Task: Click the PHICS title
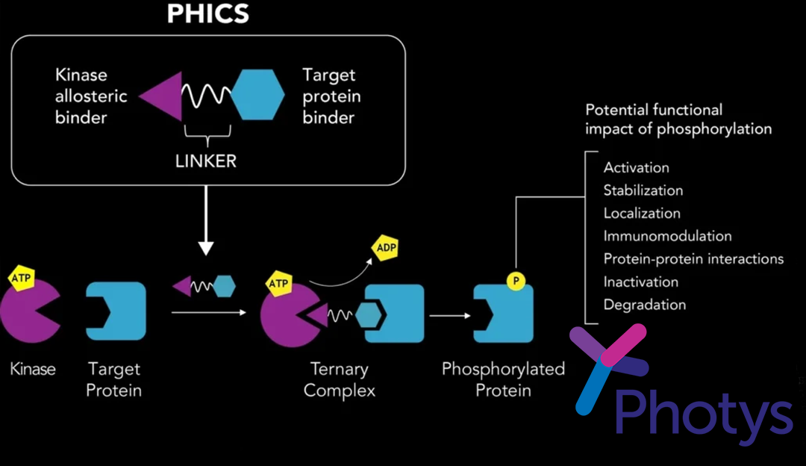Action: [207, 13]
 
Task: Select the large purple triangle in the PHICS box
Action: [164, 95]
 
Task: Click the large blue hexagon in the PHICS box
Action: [259, 95]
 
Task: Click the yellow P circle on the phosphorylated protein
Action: [516, 281]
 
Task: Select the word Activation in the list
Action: [636, 167]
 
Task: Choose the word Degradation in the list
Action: [644, 305]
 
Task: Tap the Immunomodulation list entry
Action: [667, 236]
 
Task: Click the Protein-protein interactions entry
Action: [693, 259]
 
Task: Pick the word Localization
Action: [642, 213]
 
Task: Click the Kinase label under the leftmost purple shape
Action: [33, 369]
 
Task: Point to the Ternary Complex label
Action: [340, 379]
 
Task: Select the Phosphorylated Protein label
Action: [503, 379]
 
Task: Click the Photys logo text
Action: [703, 411]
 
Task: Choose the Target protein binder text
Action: [331, 96]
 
